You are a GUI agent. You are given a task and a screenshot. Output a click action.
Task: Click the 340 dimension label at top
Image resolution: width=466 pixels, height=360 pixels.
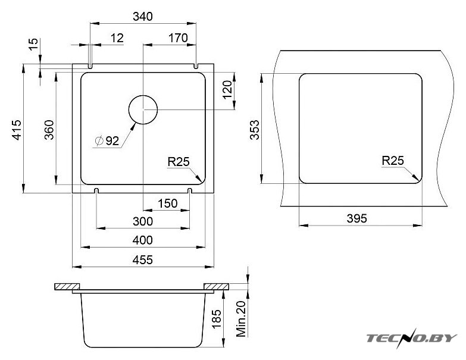[143, 16]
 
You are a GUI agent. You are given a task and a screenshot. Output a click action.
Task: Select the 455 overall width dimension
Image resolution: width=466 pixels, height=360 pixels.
[143, 260]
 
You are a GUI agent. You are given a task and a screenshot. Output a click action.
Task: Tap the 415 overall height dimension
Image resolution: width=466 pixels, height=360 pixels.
[17, 130]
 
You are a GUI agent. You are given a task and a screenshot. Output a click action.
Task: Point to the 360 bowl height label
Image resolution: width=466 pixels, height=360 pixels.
[49, 130]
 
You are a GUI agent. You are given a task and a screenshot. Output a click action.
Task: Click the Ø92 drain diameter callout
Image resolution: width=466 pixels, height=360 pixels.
[107, 140]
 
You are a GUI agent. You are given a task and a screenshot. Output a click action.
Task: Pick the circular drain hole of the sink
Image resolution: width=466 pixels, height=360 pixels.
[143, 110]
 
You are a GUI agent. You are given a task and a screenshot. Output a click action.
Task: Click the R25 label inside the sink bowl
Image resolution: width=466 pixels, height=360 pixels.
[179, 162]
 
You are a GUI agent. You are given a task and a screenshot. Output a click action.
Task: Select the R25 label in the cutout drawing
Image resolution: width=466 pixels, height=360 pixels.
[393, 161]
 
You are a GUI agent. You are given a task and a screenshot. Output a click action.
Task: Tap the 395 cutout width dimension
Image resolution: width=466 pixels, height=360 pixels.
[356, 218]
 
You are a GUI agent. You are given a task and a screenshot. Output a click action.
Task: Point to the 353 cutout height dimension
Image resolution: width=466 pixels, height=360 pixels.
[255, 130]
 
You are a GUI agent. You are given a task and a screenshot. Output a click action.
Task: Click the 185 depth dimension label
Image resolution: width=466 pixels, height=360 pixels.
[217, 318]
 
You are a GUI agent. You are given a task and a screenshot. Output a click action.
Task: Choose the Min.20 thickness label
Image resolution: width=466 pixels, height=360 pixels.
[241, 319]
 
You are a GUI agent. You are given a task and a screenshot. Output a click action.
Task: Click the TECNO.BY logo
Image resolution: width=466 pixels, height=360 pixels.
[412, 338]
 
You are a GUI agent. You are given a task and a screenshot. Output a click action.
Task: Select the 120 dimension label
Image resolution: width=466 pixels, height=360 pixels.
[227, 90]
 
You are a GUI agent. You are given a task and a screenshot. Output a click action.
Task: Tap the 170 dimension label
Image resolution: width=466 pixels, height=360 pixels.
[178, 38]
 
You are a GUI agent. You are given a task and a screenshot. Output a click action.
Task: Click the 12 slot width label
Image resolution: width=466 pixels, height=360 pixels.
[117, 38]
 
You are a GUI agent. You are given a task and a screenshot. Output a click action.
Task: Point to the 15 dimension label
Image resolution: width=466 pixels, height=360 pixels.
[34, 44]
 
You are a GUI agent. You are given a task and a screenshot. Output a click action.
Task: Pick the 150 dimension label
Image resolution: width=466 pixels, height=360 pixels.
[168, 204]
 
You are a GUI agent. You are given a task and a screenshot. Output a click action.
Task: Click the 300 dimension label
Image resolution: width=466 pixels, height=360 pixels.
[143, 221]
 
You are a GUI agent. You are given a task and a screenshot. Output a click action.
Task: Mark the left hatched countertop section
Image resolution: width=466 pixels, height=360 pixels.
[67, 287]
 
